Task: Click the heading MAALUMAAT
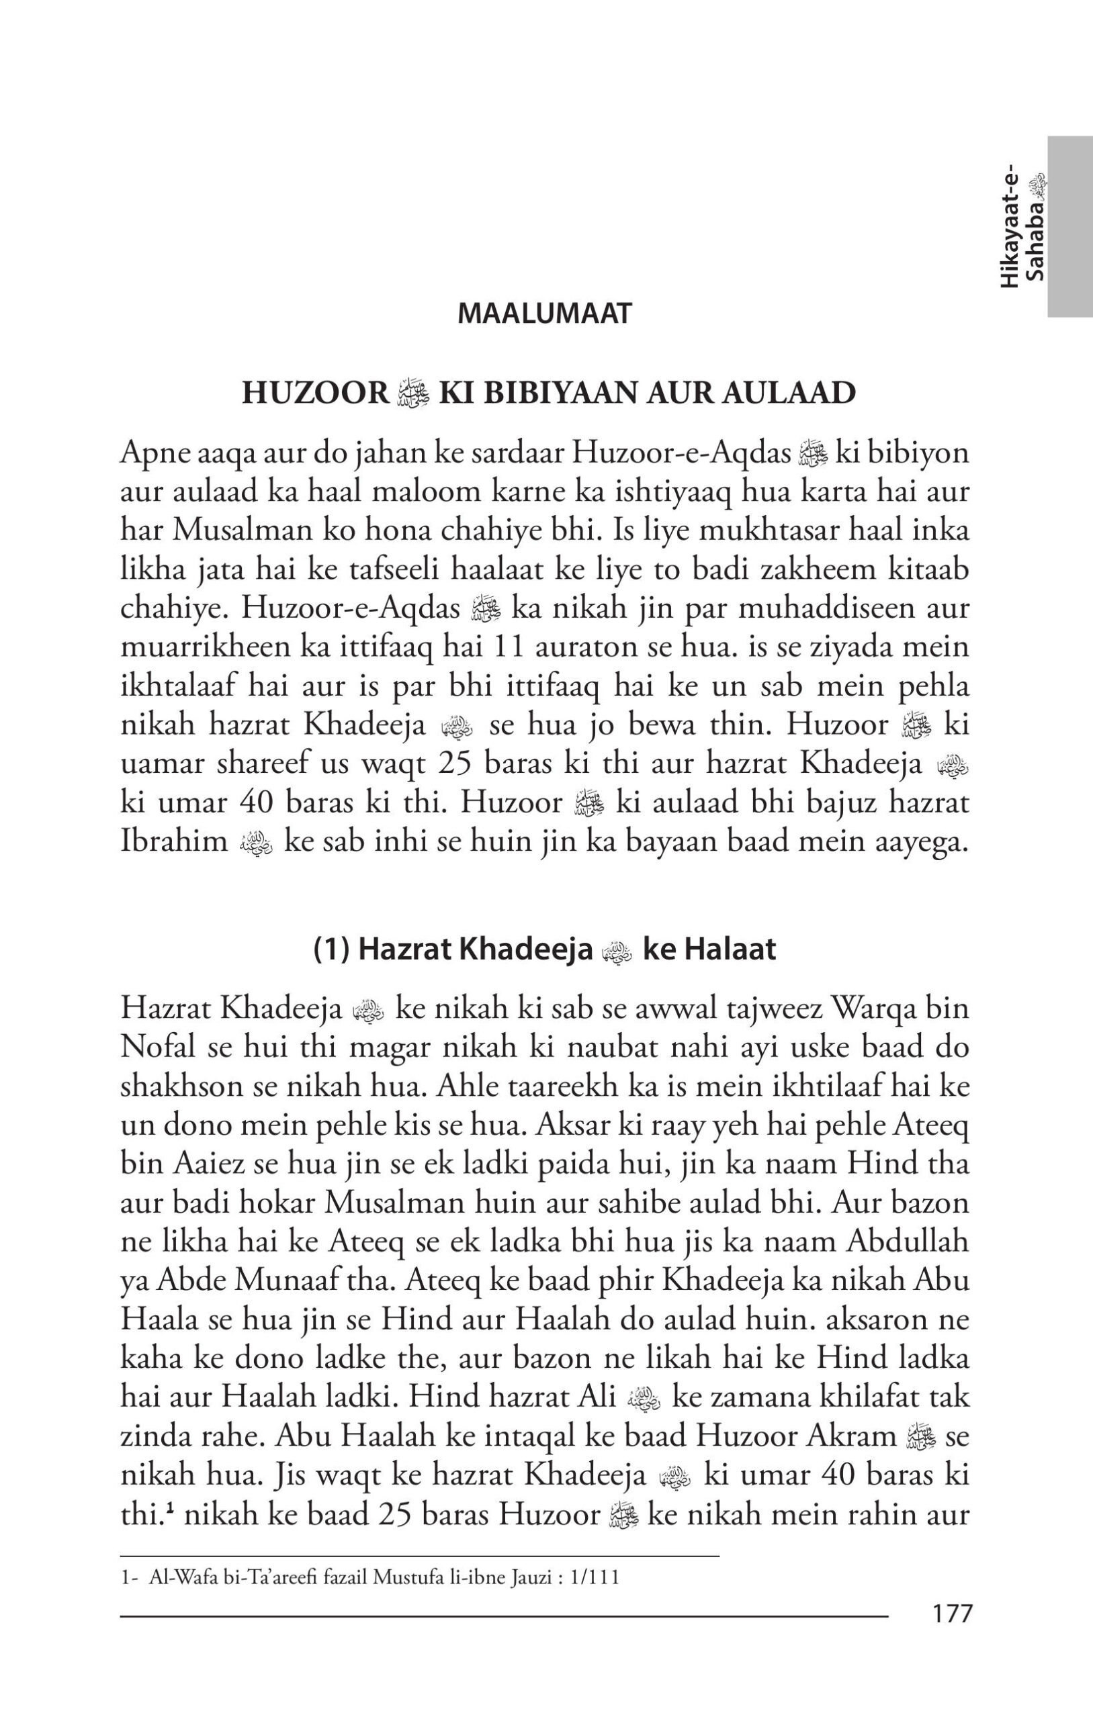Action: (544, 314)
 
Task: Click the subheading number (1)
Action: (331, 950)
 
